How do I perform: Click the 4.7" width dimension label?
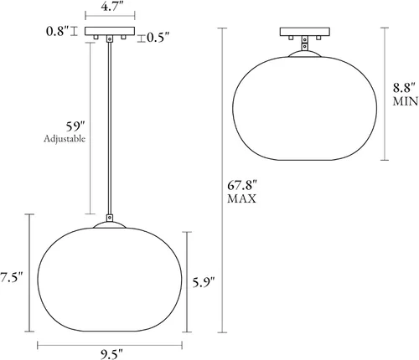(x=112, y=6)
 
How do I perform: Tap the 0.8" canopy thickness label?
(x=57, y=31)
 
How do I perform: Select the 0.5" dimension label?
(x=158, y=38)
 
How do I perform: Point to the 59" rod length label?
(x=75, y=126)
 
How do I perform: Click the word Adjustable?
(x=65, y=139)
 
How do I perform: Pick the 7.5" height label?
(x=11, y=278)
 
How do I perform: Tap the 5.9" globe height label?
(x=204, y=283)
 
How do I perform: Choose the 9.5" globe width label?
(x=111, y=354)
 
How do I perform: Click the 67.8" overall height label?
(x=242, y=185)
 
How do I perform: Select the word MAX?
(x=241, y=198)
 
